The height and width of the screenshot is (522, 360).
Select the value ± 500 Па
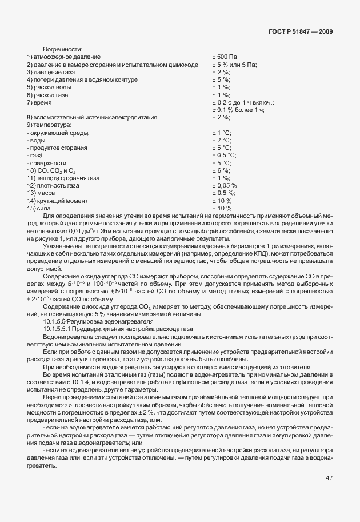[225, 57]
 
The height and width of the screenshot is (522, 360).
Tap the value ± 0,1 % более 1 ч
[239, 110]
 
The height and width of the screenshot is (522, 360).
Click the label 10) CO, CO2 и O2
[51, 170]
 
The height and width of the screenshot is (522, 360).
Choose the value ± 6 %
[221, 170]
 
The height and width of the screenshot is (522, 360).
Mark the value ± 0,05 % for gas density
[225, 185]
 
